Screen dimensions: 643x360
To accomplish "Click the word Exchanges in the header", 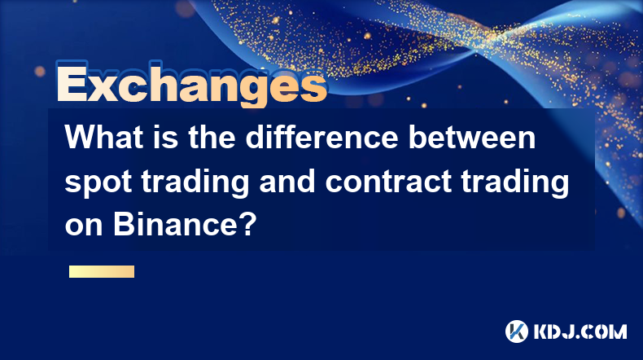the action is [191, 84].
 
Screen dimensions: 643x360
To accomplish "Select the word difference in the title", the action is [322, 137].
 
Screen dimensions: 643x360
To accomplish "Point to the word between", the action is [471, 137].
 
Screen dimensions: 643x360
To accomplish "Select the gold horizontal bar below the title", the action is [102, 271].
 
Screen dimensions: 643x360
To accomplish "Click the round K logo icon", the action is [517, 331].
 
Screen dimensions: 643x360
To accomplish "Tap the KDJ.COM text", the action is [580, 331].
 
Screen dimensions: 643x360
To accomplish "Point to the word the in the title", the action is [212, 137].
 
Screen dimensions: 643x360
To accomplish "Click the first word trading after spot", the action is [195, 182].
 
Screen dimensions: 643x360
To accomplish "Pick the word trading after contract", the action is [515, 182].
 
